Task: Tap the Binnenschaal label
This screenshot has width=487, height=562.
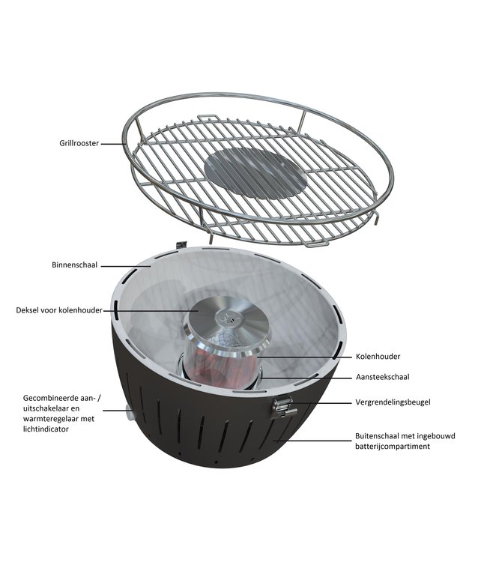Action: (x=75, y=265)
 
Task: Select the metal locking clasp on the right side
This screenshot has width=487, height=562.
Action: (x=282, y=407)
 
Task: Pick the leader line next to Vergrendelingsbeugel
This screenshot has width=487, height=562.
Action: (x=323, y=402)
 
